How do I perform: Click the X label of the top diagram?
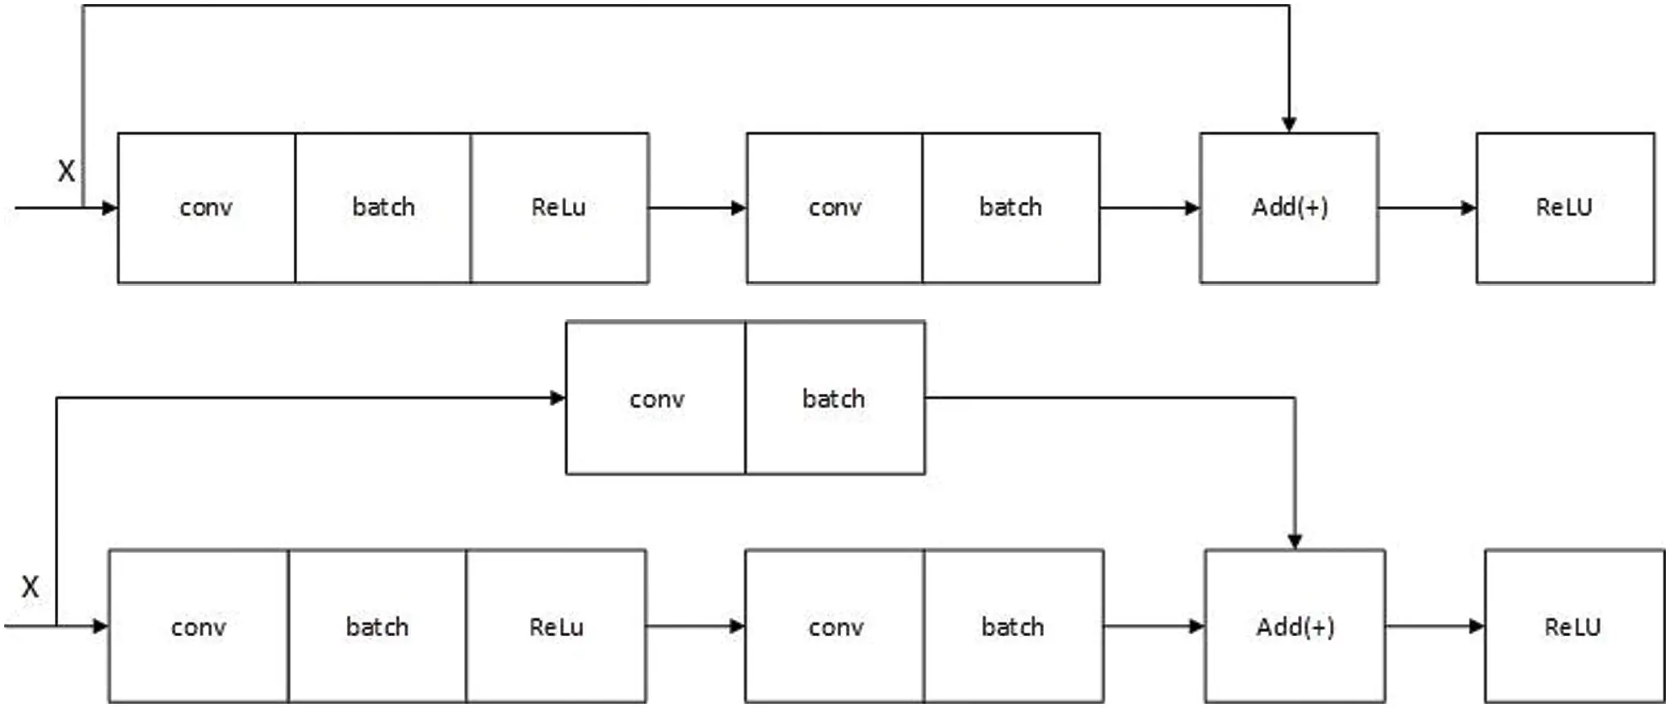click(66, 170)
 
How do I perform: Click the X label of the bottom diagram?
click(30, 587)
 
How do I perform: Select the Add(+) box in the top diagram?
click(1289, 208)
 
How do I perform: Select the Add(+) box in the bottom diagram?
click(1294, 627)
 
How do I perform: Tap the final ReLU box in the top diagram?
click(1565, 208)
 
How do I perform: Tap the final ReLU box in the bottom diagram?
click(1573, 627)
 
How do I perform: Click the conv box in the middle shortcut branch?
click(656, 398)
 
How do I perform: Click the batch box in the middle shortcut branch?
click(834, 398)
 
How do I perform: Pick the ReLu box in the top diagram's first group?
click(559, 208)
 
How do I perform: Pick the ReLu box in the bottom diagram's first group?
click(556, 627)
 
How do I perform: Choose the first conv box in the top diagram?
click(206, 208)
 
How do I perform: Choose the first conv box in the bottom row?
click(199, 627)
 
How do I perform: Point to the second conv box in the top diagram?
click(834, 208)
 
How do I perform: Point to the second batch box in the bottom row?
click(1013, 627)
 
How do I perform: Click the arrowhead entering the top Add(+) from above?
click(1289, 125)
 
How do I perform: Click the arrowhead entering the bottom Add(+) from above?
click(1295, 542)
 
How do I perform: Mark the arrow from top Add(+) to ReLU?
click(1426, 208)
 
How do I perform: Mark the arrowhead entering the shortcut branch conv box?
click(558, 397)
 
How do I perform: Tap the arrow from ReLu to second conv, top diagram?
click(696, 208)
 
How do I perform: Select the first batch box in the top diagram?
click(383, 208)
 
